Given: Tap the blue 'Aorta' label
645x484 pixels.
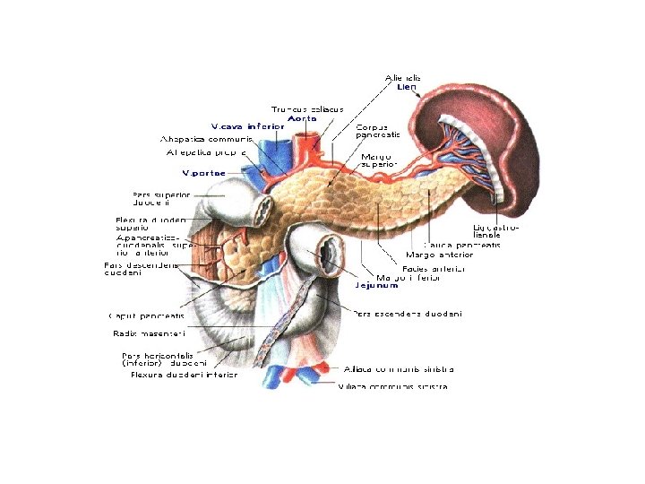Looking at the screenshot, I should coord(301,117).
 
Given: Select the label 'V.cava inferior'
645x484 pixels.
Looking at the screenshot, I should coord(248,126).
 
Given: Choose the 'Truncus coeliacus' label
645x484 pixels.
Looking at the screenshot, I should coord(307,108).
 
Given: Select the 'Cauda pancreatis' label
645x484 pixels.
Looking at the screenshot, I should coord(462,244).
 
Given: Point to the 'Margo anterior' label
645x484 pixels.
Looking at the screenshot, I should coord(440,255).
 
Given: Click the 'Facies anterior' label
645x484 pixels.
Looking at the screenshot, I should coord(434,267).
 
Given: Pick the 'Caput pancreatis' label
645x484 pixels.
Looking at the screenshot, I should coord(146,315).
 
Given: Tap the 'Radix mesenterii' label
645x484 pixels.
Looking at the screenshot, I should coord(148,333).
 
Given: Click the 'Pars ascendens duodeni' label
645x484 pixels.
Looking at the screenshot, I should coord(408,314).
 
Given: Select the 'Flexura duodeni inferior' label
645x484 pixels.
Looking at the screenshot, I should coord(185,375).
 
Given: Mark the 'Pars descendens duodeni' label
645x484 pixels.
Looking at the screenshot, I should coord(141,269).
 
